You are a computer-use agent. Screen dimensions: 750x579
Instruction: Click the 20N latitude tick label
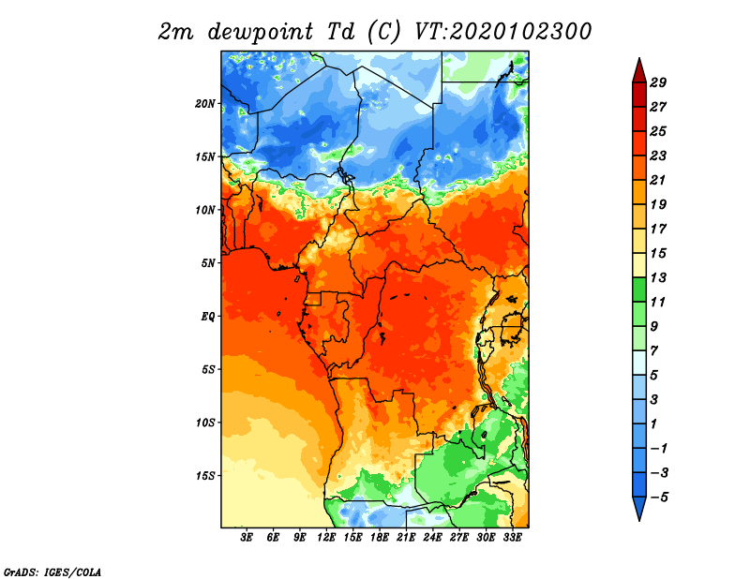(205, 104)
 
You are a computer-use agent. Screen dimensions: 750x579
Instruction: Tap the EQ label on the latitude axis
(207, 317)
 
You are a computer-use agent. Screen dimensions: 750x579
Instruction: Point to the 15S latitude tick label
(205, 476)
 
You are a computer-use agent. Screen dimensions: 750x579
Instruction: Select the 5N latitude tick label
(208, 263)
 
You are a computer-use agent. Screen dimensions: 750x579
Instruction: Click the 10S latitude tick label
(205, 423)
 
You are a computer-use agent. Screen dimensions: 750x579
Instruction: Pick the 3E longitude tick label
(247, 538)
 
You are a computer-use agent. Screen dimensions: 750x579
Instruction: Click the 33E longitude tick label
(512, 538)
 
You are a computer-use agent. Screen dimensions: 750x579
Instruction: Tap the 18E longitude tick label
(380, 538)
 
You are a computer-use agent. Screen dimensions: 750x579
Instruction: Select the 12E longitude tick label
(326, 538)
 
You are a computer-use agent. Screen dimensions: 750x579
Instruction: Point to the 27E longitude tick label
(459, 538)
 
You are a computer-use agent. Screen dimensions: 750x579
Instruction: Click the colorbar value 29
(658, 82)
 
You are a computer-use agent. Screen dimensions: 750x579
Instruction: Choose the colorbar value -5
(659, 497)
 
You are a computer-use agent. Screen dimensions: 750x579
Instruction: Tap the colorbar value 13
(658, 277)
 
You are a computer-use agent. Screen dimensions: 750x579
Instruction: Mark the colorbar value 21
(658, 180)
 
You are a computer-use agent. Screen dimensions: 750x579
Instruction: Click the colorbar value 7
(654, 351)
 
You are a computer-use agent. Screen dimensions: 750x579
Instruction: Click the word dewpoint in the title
(261, 32)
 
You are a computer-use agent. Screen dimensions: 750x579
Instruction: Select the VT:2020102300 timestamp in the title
(503, 32)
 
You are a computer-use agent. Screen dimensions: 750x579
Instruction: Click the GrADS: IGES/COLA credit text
(52, 572)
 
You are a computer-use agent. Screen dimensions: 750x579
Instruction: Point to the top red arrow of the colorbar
(639, 70)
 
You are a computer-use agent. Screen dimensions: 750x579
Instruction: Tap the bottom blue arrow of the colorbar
(639, 509)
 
